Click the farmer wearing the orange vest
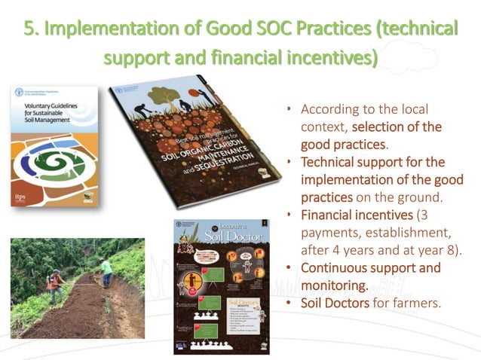tap(52, 285)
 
